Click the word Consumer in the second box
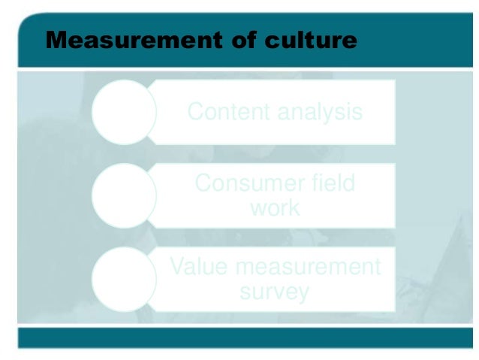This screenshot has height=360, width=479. [x=243, y=183]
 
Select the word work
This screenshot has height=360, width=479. [x=275, y=207]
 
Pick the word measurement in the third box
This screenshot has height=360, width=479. [x=303, y=267]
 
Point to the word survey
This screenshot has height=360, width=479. [x=274, y=292]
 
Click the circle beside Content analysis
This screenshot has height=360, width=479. [x=124, y=113]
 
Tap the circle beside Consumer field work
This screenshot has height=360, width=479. [x=124, y=195]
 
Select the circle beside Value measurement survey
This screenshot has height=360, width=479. [x=124, y=279]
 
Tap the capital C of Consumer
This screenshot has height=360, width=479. [x=203, y=183]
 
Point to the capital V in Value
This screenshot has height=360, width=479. [x=177, y=267]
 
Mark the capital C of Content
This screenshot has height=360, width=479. [x=195, y=113]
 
